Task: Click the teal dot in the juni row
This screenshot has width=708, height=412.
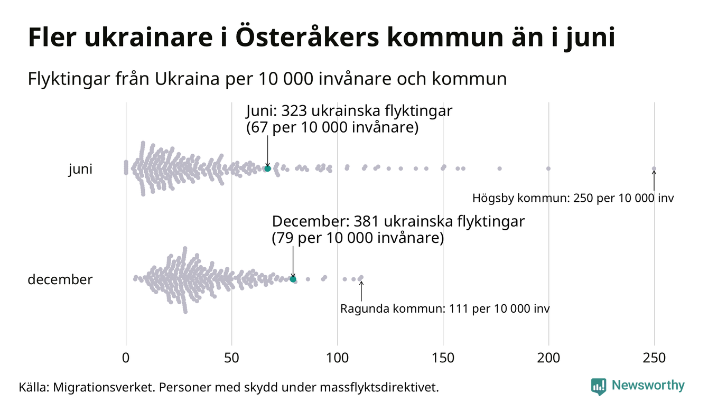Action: (267, 168)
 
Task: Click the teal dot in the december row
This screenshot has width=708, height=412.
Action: (293, 279)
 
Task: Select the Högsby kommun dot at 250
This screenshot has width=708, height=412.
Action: (654, 169)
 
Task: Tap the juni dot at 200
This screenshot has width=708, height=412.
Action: (548, 168)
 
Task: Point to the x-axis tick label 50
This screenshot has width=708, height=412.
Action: (231, 358)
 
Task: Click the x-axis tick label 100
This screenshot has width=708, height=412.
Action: (337, 358)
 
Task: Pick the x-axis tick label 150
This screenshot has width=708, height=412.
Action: (443, 358)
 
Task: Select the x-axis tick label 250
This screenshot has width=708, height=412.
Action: (654, 358)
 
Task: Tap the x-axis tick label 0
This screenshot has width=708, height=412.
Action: (126, 358)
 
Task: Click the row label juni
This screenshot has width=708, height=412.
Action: (80, 170)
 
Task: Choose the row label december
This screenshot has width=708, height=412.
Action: (60, 279)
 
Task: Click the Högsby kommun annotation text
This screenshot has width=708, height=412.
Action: (573, 199)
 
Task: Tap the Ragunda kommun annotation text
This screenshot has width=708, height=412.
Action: (445, 308)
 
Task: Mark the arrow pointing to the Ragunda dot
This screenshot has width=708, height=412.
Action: (361, 291)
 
